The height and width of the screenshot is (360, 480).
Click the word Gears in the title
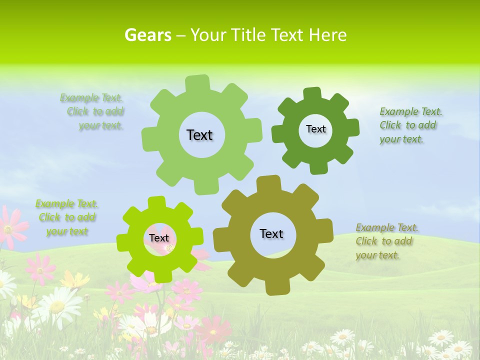pos(147,35)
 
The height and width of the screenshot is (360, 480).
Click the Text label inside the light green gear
pos(199,135)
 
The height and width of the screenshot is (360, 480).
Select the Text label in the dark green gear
pos(315,129)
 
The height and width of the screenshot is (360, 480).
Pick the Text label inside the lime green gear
pos(159,238)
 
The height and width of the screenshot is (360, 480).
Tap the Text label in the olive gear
pos(271,233)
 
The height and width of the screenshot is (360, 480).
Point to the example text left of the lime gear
pos(67,217)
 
